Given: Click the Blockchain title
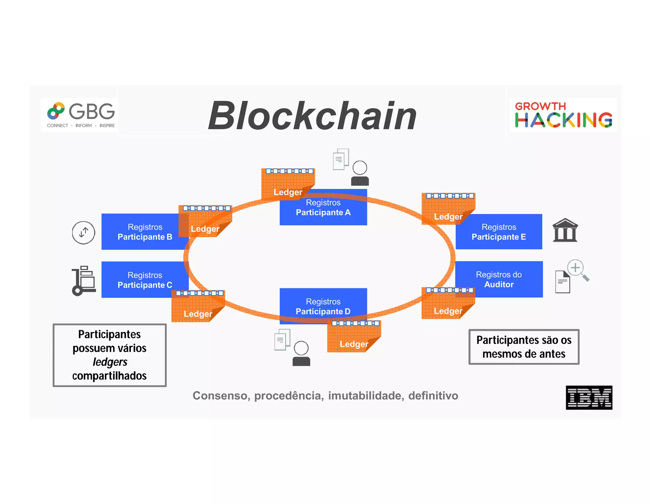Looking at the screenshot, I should (312, 116).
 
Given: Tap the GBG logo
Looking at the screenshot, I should (81, 115).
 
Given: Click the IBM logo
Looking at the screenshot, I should (589, 397).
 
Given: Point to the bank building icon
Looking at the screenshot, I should (565, 230).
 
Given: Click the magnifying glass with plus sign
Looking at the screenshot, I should (578, 270).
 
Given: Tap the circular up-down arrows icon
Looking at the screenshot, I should (83, 232).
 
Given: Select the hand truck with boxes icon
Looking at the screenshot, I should (84, 281).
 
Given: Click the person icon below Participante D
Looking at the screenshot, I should (301, 353).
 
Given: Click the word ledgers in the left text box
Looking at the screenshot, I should (110, 362).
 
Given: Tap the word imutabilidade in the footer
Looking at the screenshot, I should (366, 396).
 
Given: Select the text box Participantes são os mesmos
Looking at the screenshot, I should (524, 347).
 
